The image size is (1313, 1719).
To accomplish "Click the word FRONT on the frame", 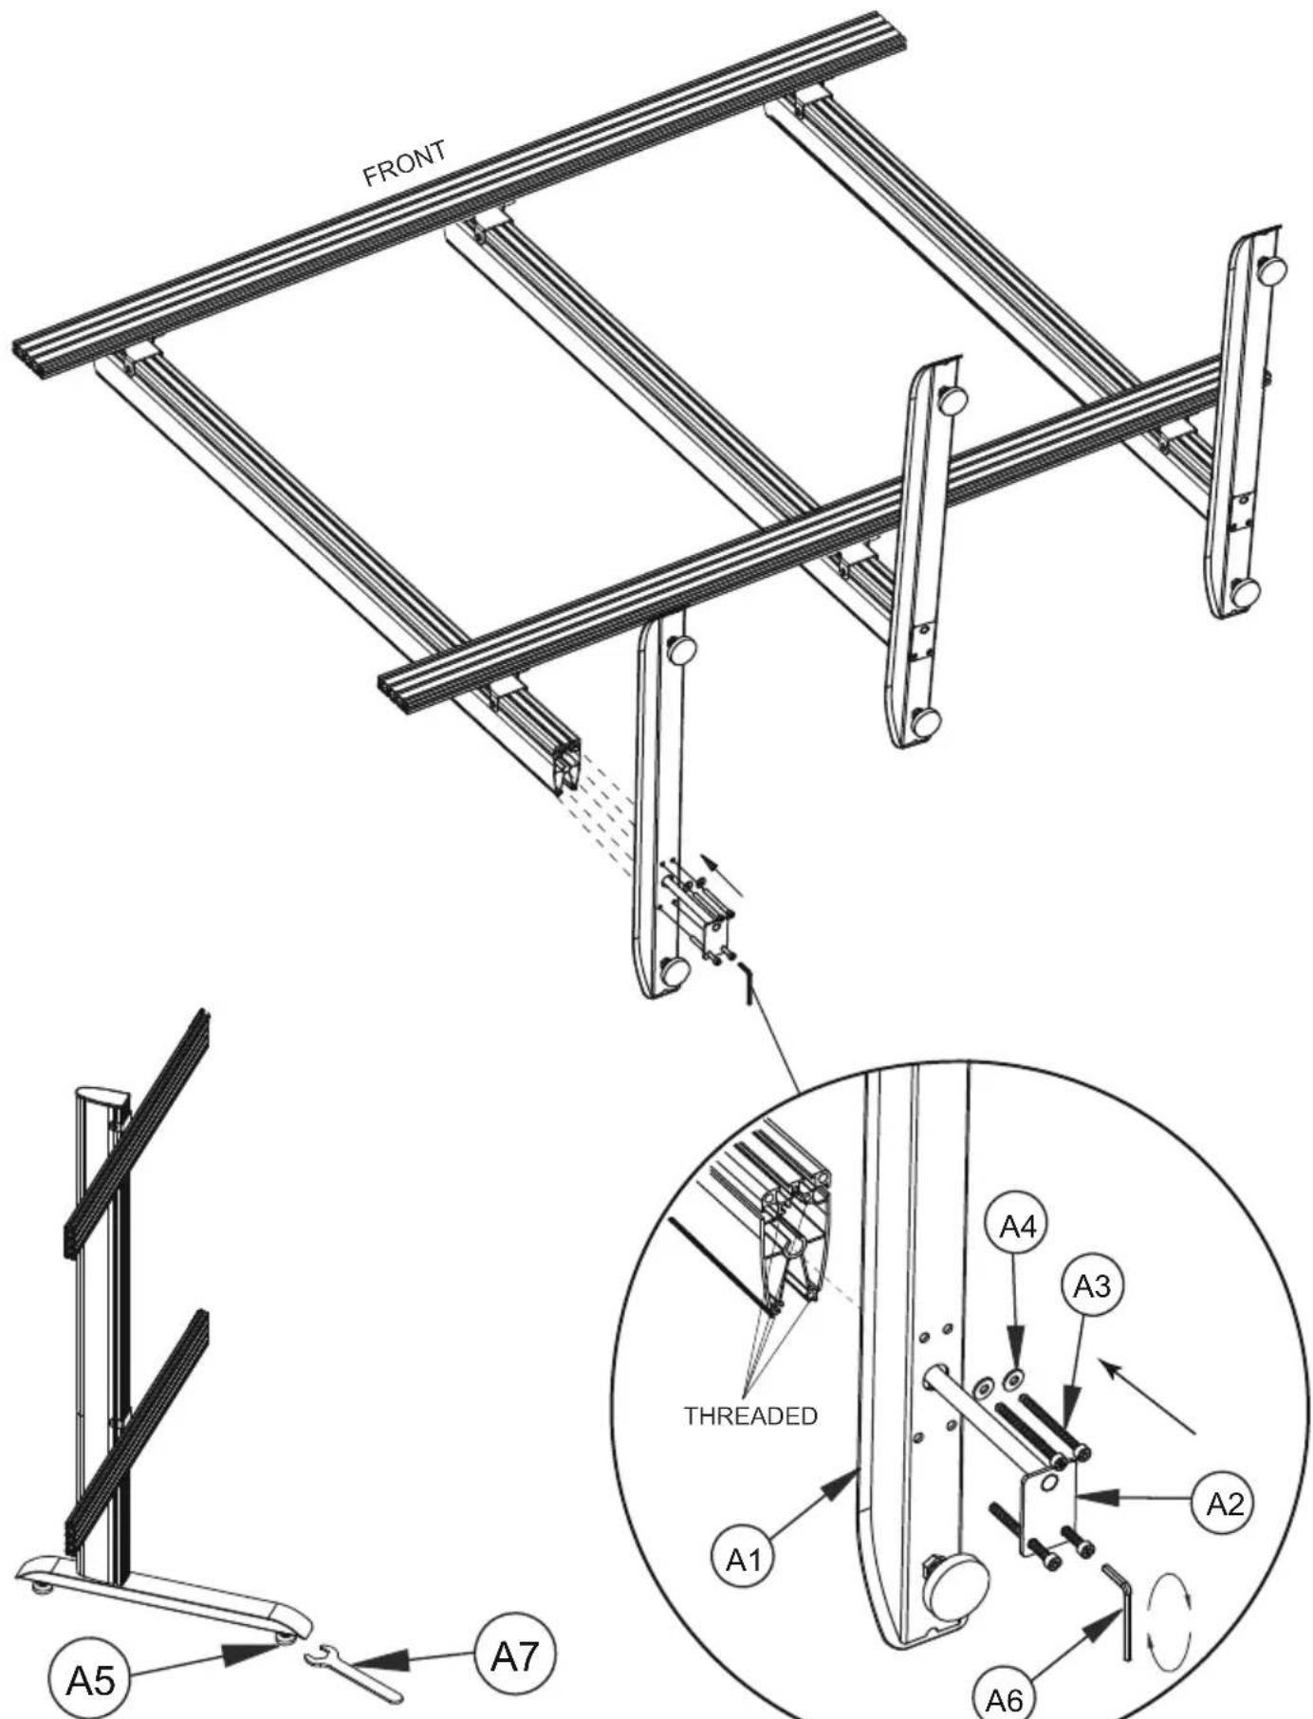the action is tap(404, 163).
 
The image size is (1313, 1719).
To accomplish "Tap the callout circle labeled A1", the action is tap(744, 1560).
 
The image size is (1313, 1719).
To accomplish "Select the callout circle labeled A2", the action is tap(1223, 1504).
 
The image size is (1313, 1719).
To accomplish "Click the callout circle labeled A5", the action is tap(89, 1680).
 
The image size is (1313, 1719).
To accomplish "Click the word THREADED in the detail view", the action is tap(750, 1415).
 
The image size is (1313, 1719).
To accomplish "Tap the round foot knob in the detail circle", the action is tap(955, 1584).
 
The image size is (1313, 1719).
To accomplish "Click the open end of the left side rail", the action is tap(567, 767).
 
